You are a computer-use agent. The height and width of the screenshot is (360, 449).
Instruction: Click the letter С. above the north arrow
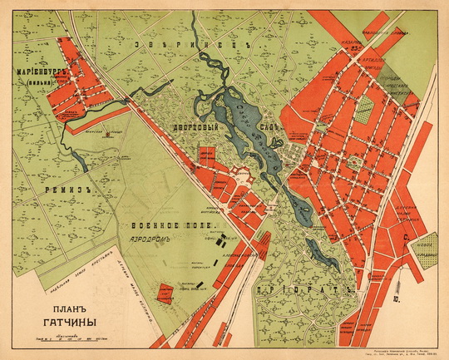click(x=405, y=237)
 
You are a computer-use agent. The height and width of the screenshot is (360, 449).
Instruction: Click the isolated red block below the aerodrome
click(x=165, y=292)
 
